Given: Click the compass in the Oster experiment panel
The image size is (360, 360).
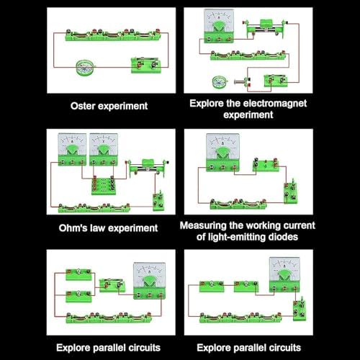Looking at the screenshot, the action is pos(84,68).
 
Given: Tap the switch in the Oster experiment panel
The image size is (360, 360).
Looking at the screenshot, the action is pos(145,66).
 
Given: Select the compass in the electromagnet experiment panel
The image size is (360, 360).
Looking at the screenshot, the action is pos(220,82).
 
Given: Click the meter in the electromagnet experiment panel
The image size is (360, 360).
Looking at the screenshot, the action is pos(219,26).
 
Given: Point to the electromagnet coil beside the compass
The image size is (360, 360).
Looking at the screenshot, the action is pos(243,82).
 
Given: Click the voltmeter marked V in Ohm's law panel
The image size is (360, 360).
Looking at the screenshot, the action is pos(104,149).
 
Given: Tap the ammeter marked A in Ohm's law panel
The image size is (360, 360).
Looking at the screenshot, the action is pos(72,149).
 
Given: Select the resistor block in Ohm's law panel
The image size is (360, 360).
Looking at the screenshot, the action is pos(103,185).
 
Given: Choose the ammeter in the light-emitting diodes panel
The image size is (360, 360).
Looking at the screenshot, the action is pos(222,153).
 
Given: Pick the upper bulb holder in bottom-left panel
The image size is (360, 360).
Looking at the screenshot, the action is pos(78,274).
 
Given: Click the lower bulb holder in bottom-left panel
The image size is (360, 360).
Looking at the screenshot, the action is pos(78,296).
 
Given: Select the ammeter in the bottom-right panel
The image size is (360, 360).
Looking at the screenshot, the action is pos(284,274).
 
